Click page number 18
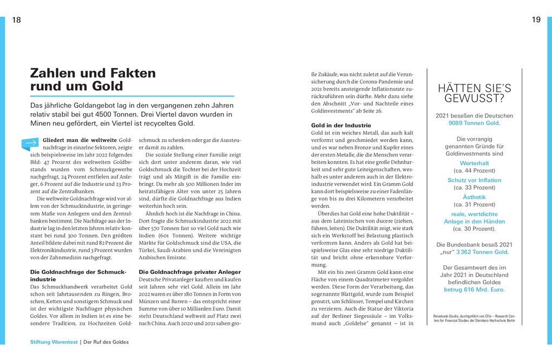[x=16, y=20]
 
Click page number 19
[x=536, y=20]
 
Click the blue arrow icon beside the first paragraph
[x=30, y=143]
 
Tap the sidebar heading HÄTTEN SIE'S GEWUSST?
[x=474, y=93]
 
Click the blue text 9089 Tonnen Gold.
[x=474, y=123]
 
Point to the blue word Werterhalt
[x=474, y=163]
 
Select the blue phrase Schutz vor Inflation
[x=474, y=180]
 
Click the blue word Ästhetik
[x=474, y=197]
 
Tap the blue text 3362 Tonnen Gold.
[x=482, y=252]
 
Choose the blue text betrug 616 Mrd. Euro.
[x=474, y=290]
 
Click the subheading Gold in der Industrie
[x=341, y=125]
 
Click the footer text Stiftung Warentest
[x=54, y=342]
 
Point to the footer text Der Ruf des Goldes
[x=106, y=342]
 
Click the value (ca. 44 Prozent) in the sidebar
[x=474, y=171]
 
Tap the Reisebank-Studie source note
[x=474, y=318]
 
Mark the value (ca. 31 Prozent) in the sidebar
[x=474, y=205]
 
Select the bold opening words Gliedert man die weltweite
[x=80, y=140]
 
